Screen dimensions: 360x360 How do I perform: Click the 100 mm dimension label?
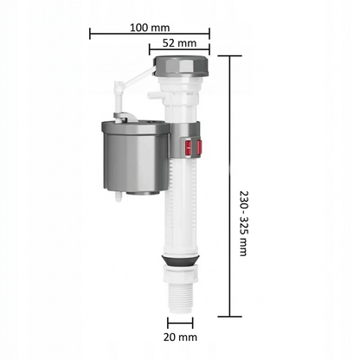point(150,28)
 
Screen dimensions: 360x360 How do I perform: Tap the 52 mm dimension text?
point(179,43)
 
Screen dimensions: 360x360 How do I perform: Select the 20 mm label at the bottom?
point(180,337)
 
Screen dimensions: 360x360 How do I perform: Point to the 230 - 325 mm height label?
point(244,223)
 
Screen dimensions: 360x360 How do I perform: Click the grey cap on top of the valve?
point(181,66)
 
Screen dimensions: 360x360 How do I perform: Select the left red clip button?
point(188,148)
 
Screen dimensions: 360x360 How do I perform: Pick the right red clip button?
point(199,148)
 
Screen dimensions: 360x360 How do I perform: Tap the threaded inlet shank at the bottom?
point(180,298)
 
